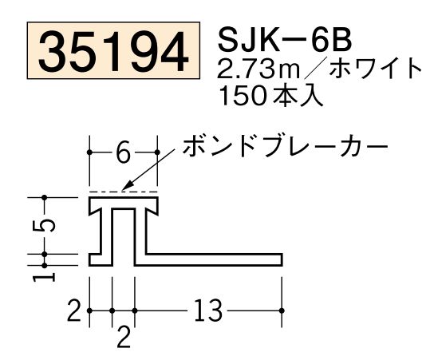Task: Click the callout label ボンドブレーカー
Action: pos(285,147)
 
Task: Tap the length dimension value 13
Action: pos(208,310)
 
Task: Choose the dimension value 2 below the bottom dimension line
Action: pos(124,336)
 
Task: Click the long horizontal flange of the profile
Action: pos(215,258)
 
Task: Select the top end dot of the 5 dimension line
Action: pos(46,196)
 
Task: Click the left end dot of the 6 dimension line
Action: pos(89,152)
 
